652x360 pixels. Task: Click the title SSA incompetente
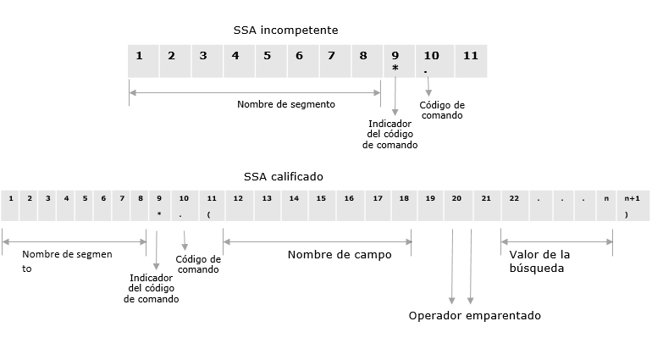tap(285, 30)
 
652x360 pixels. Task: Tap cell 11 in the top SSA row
tap(471, 61)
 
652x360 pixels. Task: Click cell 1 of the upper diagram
tap(139, 61)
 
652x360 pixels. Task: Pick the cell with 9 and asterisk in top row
tap(395, 61)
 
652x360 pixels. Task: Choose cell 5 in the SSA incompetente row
tap(268, 61)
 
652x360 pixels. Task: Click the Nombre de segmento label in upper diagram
tap(286, 104)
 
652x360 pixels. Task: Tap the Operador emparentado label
tap(474, 315)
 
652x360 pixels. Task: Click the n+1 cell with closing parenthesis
tap(631, 205)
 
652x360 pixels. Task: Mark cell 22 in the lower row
tap(514, 205)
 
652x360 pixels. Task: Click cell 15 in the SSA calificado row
tap(322, 205)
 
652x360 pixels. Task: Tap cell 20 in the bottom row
tap(457, 205)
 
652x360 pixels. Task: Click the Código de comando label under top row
tap(441, 110)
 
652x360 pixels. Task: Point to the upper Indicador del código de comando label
tap(390, 134)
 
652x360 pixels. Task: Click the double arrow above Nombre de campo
tap(318, 241)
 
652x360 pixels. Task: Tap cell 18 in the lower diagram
tap(404, 205)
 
